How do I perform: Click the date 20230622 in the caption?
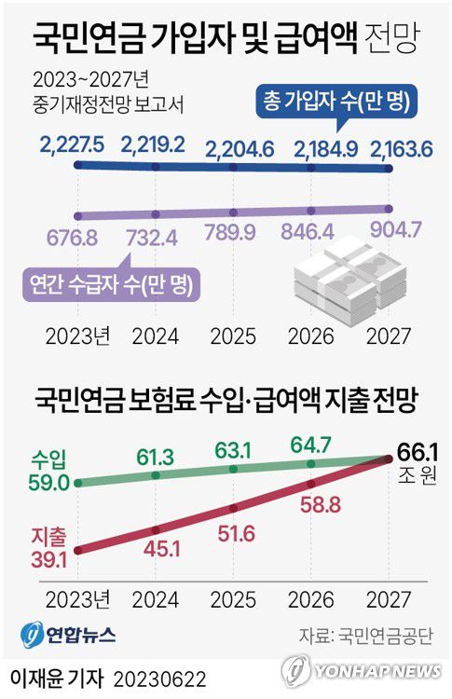click(x=160, y=675)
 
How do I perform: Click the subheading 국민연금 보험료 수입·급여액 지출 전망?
click(x=225, y=401)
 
